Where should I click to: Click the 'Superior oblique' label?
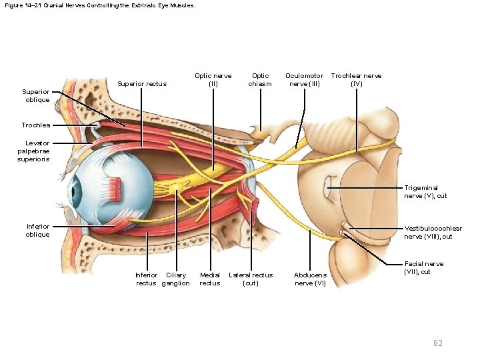pos(37,95)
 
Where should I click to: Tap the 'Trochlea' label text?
pos(35,125)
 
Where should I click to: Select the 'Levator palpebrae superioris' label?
pos(37,151)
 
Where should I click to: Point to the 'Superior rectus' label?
pos(142,84)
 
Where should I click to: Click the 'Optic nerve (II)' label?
pos(213,80)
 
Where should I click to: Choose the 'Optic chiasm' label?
pos(261,80)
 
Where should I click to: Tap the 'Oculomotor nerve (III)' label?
pos(306,80)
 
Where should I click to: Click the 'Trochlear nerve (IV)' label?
pos(356,80)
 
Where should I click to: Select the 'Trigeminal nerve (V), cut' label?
pos(425,192)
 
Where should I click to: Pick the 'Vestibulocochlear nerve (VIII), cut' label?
pos(433,232)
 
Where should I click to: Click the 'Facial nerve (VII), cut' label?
pos(424,267)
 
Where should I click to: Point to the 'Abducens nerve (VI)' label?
pos(310,279)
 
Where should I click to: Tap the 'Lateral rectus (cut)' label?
pos(251,279)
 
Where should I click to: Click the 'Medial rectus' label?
pos(210,279)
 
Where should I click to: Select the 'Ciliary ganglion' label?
pos(176,279)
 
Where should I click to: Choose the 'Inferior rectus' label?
pos(146,279)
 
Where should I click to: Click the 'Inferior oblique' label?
pos(37,230)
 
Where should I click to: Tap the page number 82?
pos(438,343)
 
